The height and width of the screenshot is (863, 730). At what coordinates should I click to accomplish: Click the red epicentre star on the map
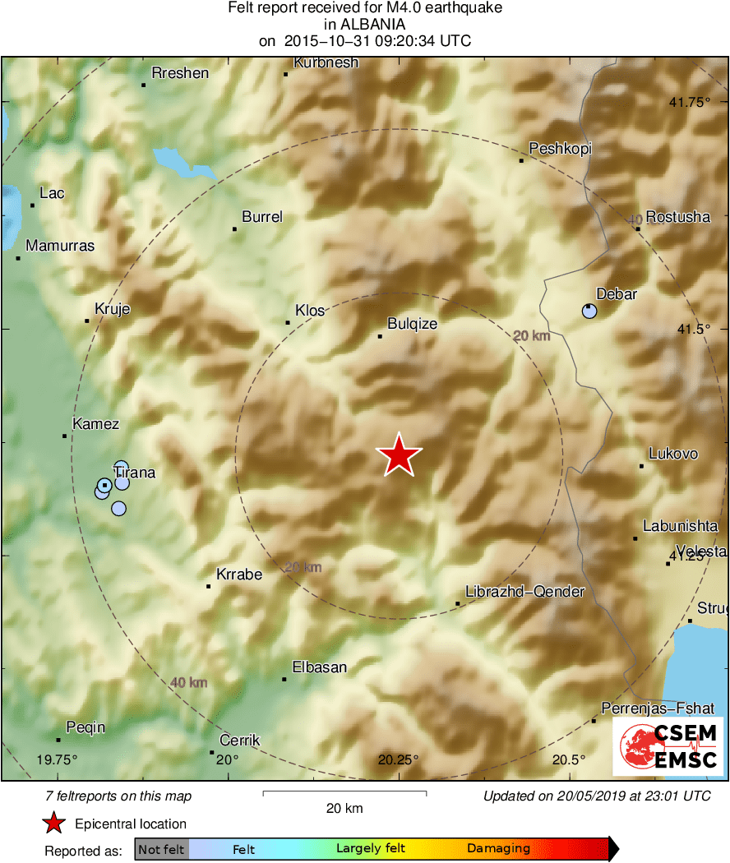coord(399,455)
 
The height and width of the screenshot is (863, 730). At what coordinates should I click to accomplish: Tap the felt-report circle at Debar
coord(589,311)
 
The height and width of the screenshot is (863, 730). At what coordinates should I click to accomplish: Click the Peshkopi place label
coord(560,149)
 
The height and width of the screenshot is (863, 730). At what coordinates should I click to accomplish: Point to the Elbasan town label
coord(320,667)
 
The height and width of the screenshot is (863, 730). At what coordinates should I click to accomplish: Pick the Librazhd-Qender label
coord(524,592)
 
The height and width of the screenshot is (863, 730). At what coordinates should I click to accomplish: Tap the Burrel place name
coord(262,217)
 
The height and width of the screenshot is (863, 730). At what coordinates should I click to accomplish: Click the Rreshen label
coord(180,73)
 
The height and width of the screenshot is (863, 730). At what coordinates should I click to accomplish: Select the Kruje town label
coord(113,309)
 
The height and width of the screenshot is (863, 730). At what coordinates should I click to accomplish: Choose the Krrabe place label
coord(239,575)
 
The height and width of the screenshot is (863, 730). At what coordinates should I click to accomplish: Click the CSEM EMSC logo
coord(668,746)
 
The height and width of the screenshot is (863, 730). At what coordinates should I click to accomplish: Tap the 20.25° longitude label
coord(399,759)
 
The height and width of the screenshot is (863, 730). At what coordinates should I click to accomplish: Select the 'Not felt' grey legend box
coord(161,849)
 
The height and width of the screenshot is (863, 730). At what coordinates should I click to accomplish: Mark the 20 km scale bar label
coord(344,808)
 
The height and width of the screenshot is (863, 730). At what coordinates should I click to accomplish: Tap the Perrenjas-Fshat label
coord(653,708)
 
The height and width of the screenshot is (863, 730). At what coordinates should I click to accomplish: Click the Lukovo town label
coord(673,454)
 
